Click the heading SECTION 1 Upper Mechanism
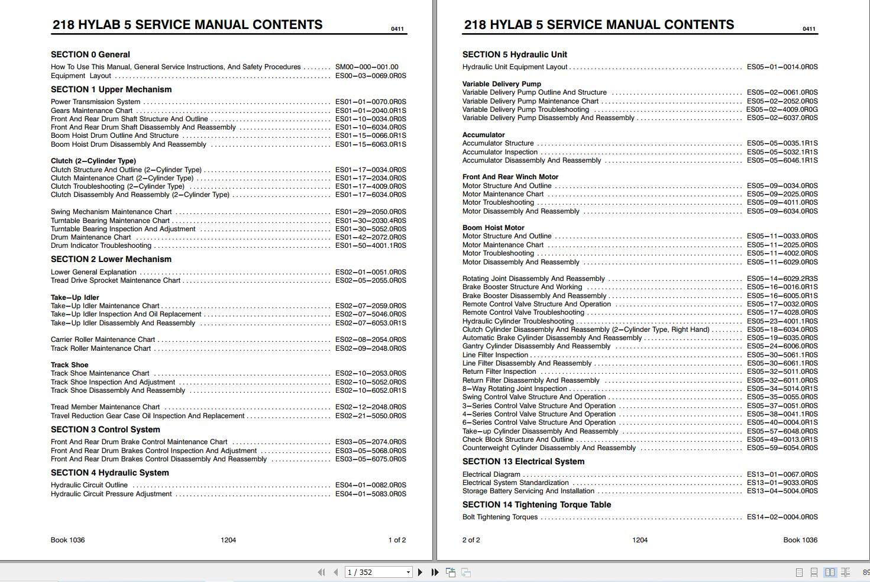111,89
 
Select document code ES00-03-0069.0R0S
370,76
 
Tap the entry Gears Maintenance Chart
92,111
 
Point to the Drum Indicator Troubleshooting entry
101,245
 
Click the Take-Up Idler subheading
75,298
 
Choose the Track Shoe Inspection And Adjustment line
113,382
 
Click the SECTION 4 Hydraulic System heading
109,473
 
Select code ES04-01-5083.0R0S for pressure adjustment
370,494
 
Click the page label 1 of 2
397,540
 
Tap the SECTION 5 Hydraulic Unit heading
515,54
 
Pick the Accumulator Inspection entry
500,152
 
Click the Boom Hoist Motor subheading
493,228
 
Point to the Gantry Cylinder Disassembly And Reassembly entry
536,347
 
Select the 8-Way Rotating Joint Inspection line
515,389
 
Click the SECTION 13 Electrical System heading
523,461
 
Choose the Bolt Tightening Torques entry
500,517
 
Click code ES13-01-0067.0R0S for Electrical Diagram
782,474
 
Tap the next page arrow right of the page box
421,572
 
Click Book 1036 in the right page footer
800,540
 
